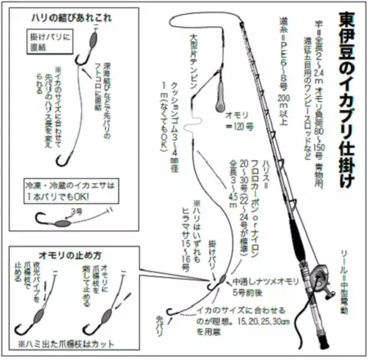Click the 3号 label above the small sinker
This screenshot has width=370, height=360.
[77, 211]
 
